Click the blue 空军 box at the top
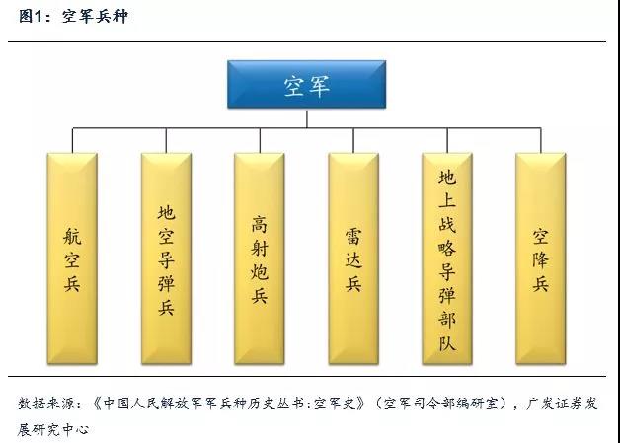pos(306,84)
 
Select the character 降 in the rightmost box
pos(541,259)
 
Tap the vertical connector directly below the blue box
pos(306,117)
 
